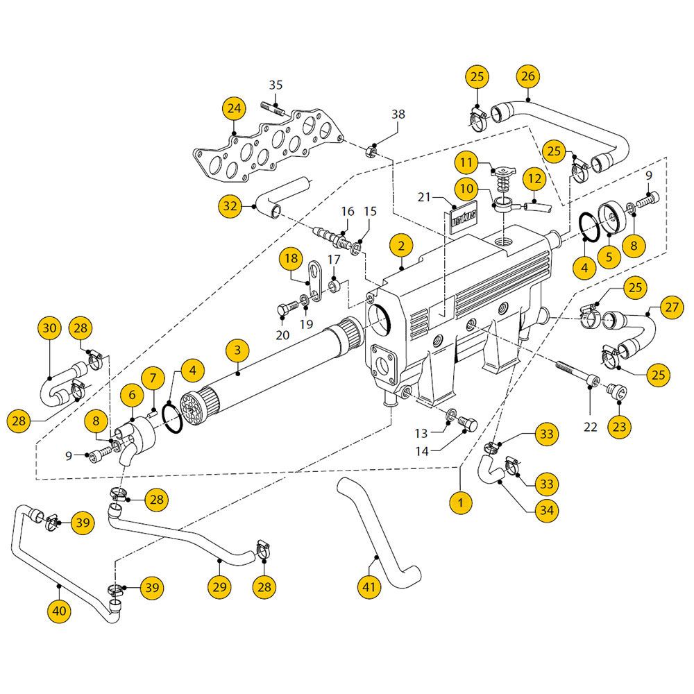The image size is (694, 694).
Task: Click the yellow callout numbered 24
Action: point(234,110)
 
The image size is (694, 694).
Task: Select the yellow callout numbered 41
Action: point(369,587)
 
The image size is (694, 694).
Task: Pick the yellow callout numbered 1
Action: point(459,500)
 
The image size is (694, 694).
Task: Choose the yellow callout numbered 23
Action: point(619,425)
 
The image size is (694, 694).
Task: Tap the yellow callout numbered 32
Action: point(230,205)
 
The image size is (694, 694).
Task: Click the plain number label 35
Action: point(276,85)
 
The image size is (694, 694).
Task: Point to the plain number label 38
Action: point(398,115)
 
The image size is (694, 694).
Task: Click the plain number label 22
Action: point(590,427)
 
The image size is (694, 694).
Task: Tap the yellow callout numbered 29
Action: point(219,587)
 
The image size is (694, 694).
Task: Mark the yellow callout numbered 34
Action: point(548,510)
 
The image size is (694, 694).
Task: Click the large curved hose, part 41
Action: point(378,534)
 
